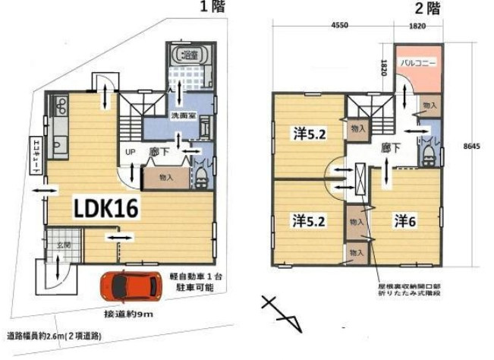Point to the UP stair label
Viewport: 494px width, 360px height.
coord(130,150)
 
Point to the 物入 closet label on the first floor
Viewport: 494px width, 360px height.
coord(167,178)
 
